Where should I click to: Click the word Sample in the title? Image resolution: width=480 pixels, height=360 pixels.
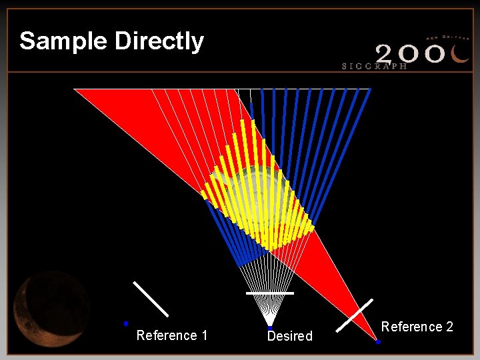tap(64, 41)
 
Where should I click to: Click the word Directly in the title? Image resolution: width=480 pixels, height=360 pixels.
tap(159, 41)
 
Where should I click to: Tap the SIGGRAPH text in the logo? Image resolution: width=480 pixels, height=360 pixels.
tap(375, 66)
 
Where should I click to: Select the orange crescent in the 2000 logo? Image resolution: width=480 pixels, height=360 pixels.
tap(461, 53)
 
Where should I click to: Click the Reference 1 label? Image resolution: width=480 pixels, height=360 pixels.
tap(171, 335)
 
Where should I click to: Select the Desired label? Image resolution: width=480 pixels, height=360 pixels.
tap(289, 336)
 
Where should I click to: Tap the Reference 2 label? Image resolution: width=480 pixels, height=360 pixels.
tap(417, 327)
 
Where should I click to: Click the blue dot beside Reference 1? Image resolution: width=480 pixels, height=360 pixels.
tap(125, 323)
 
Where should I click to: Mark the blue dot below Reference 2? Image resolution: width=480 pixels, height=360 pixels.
tap(377, 342)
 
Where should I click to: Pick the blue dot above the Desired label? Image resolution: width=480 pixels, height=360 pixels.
tap(269, 327)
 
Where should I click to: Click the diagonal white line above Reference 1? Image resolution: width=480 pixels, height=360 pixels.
tap(151, 299)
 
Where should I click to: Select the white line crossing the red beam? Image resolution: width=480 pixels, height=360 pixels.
tap(354, 315)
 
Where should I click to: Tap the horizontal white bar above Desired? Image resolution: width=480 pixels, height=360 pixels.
tap(269, 293)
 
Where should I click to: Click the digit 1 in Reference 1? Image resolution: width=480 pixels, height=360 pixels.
tap(204, 335)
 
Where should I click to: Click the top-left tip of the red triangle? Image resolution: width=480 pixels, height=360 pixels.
tap(75, 89)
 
